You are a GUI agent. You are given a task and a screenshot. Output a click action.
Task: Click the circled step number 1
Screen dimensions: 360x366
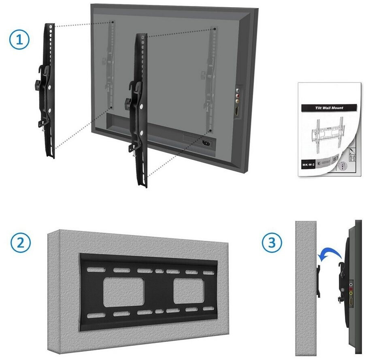(x=20, y=40)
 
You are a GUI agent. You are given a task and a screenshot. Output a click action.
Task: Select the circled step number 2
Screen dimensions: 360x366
(x=20, y=243)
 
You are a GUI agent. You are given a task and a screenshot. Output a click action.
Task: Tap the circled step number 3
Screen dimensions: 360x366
(x=272, y=243)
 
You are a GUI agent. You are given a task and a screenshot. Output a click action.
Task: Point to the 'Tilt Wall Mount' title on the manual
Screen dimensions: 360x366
(x=329, y=108)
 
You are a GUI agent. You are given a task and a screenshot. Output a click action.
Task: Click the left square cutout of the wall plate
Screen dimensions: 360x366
(x=123, y=292)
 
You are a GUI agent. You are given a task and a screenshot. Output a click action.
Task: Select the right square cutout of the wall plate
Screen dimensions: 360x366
(x=188, y=291)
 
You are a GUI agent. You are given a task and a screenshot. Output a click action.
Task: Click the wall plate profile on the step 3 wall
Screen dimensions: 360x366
(x=319, y=280)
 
